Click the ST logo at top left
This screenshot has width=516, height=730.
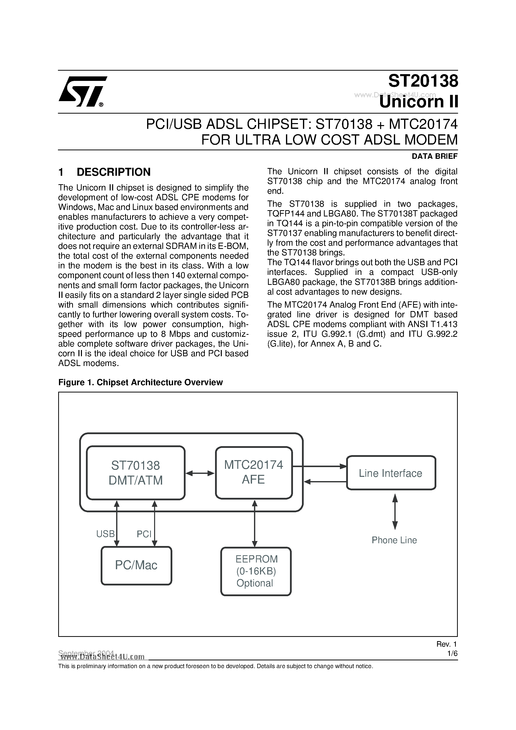click(x=82, y=92)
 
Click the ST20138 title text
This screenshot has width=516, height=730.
click(x=423, y=81)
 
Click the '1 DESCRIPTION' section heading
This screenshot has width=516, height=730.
click(x=105, y=172)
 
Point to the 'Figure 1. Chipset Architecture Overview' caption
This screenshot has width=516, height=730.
click(x=140, y=382)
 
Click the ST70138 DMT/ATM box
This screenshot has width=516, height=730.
click(x=136, y=473)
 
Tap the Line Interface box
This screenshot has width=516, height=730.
click(x=391, y=473)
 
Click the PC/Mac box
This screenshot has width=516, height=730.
click(x=136, y=565)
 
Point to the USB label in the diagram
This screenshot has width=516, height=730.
click(x=105, y=534)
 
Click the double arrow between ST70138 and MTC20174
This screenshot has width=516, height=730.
click(x=200, y=473)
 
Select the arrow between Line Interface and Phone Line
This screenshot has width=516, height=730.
click(x=395, y=512)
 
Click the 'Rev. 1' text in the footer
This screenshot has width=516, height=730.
click(x=446, y=644)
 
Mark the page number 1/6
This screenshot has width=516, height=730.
click(x=452, y=654)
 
